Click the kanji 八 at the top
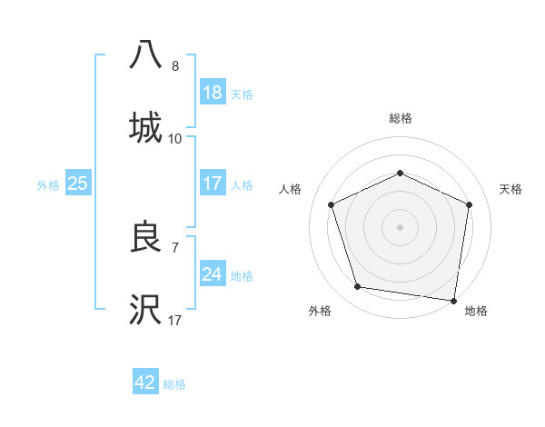coord(145,55)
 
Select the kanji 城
coord(145,127)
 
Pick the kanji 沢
coord(145,310)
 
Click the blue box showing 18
coord(212,93)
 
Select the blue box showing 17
coord(212,184)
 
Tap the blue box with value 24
coord(212,273)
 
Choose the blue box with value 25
coord(77,184)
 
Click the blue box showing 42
coord(145,382)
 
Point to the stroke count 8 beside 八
coord(175,66)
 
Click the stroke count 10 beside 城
coord(175,139)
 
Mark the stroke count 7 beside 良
coord(175,247)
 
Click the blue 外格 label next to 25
coord(48,184)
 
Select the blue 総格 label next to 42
coord(174,383)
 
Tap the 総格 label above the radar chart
coord(400,118)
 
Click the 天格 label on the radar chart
coord(510,189)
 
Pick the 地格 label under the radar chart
coord(476,312)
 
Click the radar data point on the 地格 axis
coord(454,300)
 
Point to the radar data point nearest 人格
coord(332,204)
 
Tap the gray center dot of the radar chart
coord(400,226)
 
